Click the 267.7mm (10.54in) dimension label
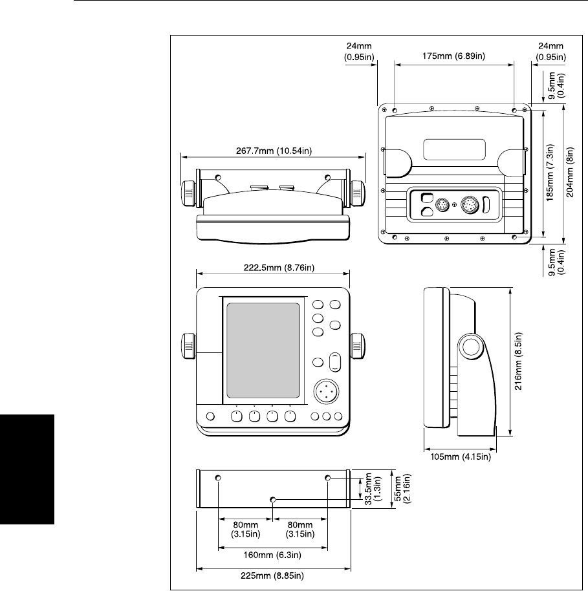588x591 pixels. pos(274,151)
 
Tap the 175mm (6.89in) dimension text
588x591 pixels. pos(453,56)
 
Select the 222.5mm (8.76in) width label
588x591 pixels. pos(279,268)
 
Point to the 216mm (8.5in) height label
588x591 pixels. pos(519,361)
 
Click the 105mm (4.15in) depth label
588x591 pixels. pos(461,457)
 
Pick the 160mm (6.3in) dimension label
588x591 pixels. pos(272,555)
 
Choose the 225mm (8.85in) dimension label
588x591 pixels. pos(272,575)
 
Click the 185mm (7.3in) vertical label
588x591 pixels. pos(550,173)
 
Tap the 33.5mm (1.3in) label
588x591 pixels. pos(373,489)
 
